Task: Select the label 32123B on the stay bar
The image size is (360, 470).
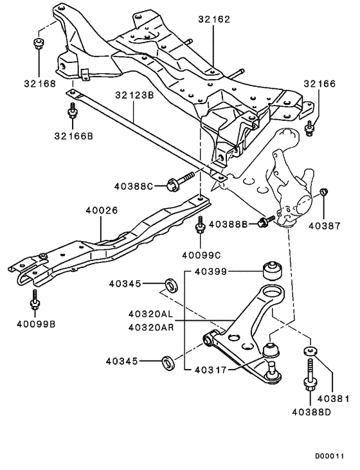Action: click(x=134, y=95)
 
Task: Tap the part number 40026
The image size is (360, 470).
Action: click(x=101, y=210)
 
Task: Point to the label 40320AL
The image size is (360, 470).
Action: click(x=151, y=314)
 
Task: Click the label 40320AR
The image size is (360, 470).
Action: click(x=151, y=327)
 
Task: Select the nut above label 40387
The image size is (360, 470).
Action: click(x=324, y=192)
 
